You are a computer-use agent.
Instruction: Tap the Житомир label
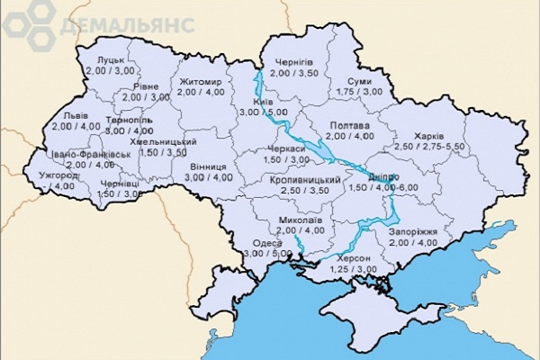199,80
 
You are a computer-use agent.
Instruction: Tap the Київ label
264,102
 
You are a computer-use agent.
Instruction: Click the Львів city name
76,115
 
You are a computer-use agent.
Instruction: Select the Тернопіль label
129,120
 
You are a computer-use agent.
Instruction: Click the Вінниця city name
208,166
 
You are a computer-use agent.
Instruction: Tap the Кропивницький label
303,181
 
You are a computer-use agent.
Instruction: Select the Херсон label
353,258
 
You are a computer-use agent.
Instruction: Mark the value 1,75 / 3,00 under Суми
360,91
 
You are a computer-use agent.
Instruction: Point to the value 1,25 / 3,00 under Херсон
353,268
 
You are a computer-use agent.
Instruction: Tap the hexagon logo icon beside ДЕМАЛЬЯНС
25,22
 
